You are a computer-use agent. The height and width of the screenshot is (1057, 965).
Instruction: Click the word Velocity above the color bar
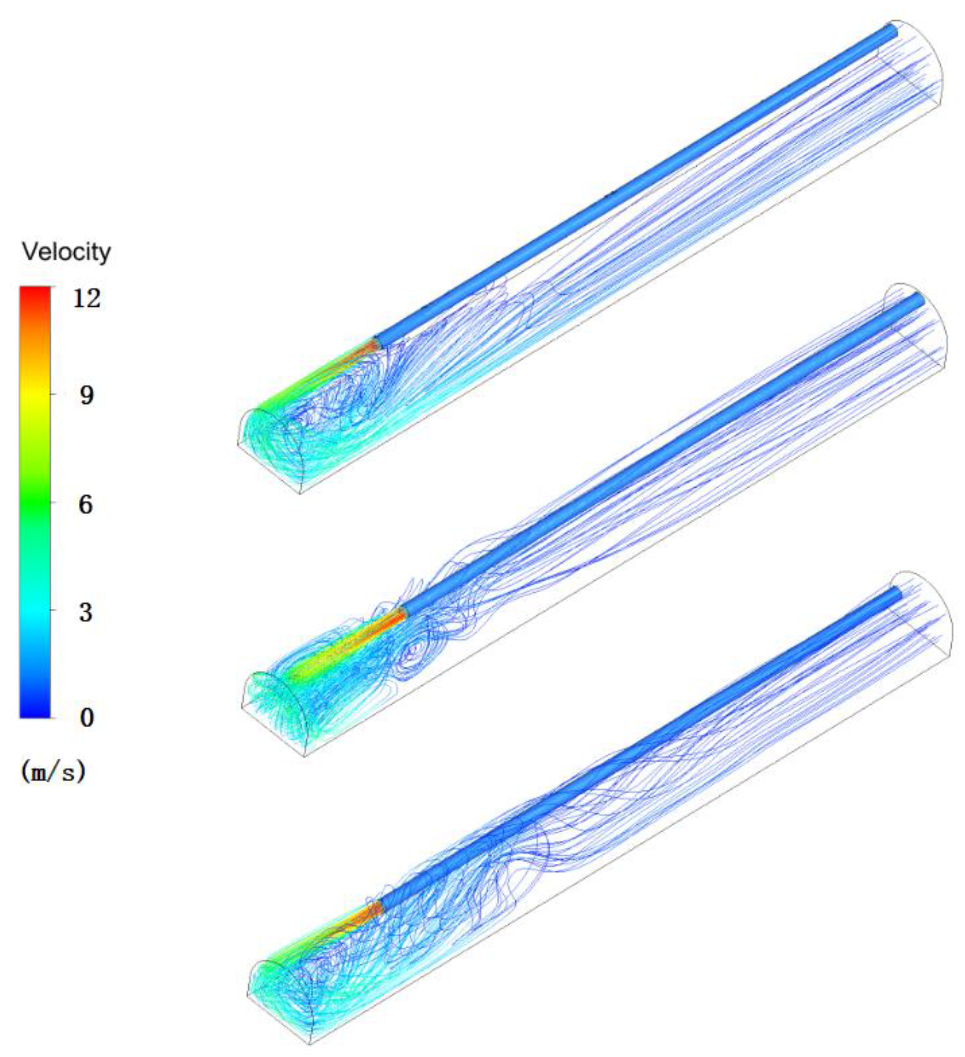66,253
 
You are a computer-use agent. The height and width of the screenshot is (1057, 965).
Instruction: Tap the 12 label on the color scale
86,299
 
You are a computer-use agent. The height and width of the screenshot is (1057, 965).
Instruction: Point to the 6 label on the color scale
86,505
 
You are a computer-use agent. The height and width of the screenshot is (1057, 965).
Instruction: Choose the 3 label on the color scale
86,612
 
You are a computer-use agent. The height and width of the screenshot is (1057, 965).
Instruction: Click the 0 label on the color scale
86,717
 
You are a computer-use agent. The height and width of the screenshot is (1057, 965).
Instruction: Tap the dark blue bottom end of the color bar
35,710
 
